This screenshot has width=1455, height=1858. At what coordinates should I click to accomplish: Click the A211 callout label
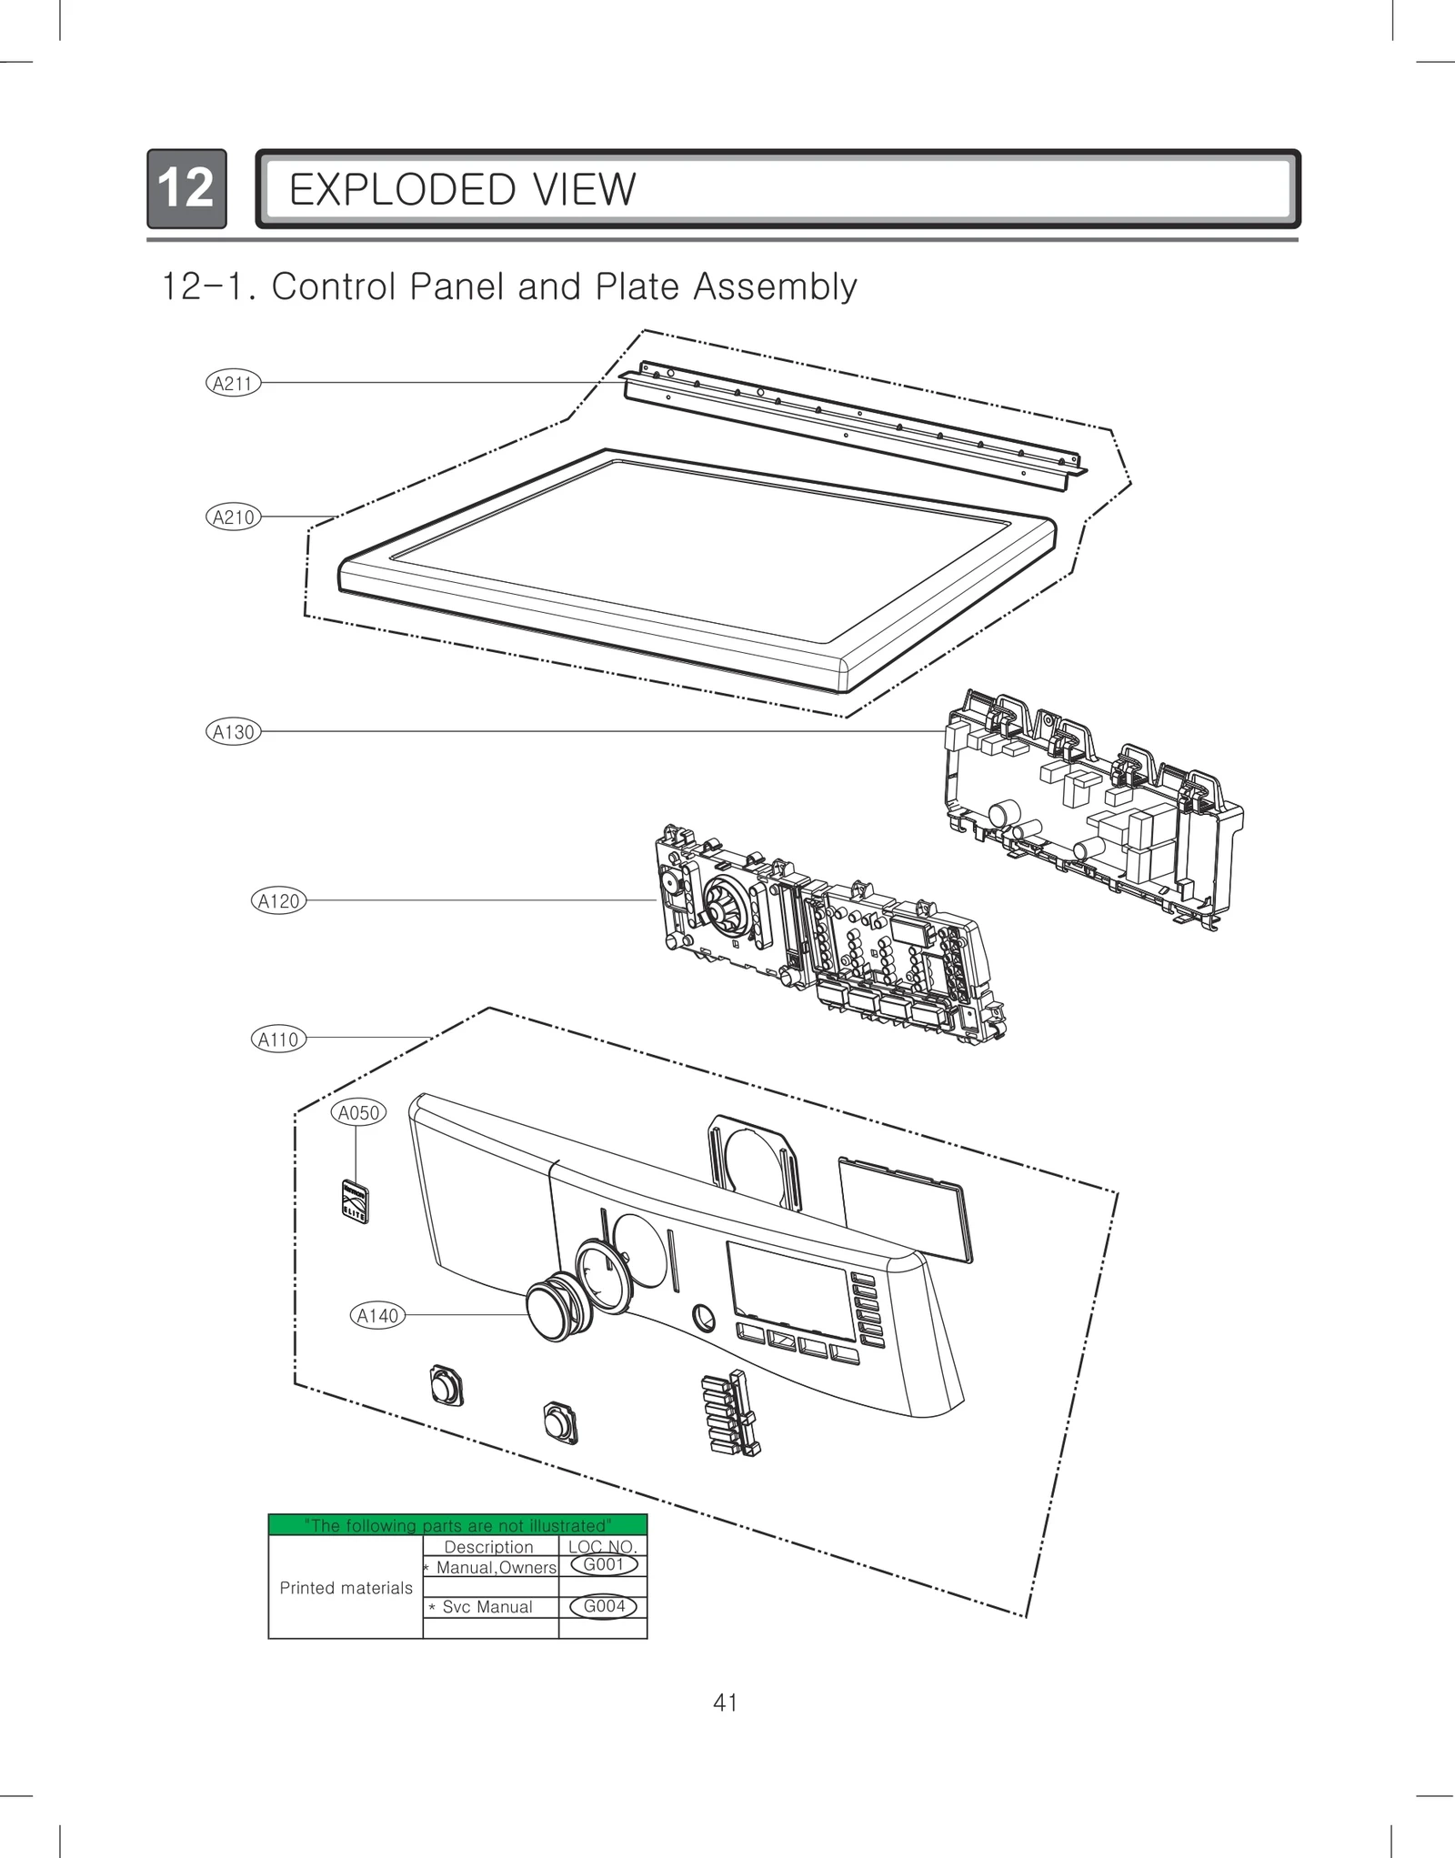coord(233,383)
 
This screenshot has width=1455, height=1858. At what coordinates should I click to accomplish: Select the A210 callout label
coord(233,517)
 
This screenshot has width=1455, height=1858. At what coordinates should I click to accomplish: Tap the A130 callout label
coord(233,731)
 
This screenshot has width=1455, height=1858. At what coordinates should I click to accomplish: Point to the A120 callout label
coord(278,900)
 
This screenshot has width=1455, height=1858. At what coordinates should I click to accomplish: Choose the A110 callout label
coord(278,1039)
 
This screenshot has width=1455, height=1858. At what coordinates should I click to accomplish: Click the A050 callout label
coord(358,1112)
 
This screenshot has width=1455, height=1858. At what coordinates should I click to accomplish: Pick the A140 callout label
coord(377,1315)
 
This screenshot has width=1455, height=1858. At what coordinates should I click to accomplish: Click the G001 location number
coord(603,1564)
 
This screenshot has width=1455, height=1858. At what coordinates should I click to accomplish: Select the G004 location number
coord(604,1606)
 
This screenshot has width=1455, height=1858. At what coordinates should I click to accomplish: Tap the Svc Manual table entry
coord(487,1607)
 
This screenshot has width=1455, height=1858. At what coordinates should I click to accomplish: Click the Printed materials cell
coord(346,1588)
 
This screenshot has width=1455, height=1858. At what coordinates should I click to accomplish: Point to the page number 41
coord(726,1702)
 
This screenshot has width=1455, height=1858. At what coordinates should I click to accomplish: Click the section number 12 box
coord(186,188)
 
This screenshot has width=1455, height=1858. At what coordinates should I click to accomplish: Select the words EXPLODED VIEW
coord(462,190)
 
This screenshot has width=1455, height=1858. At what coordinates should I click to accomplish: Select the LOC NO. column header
coord(602,1547)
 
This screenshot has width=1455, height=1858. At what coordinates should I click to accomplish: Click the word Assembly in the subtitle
coord(774,287)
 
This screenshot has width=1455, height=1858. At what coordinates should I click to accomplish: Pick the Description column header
coord(488,1547)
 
